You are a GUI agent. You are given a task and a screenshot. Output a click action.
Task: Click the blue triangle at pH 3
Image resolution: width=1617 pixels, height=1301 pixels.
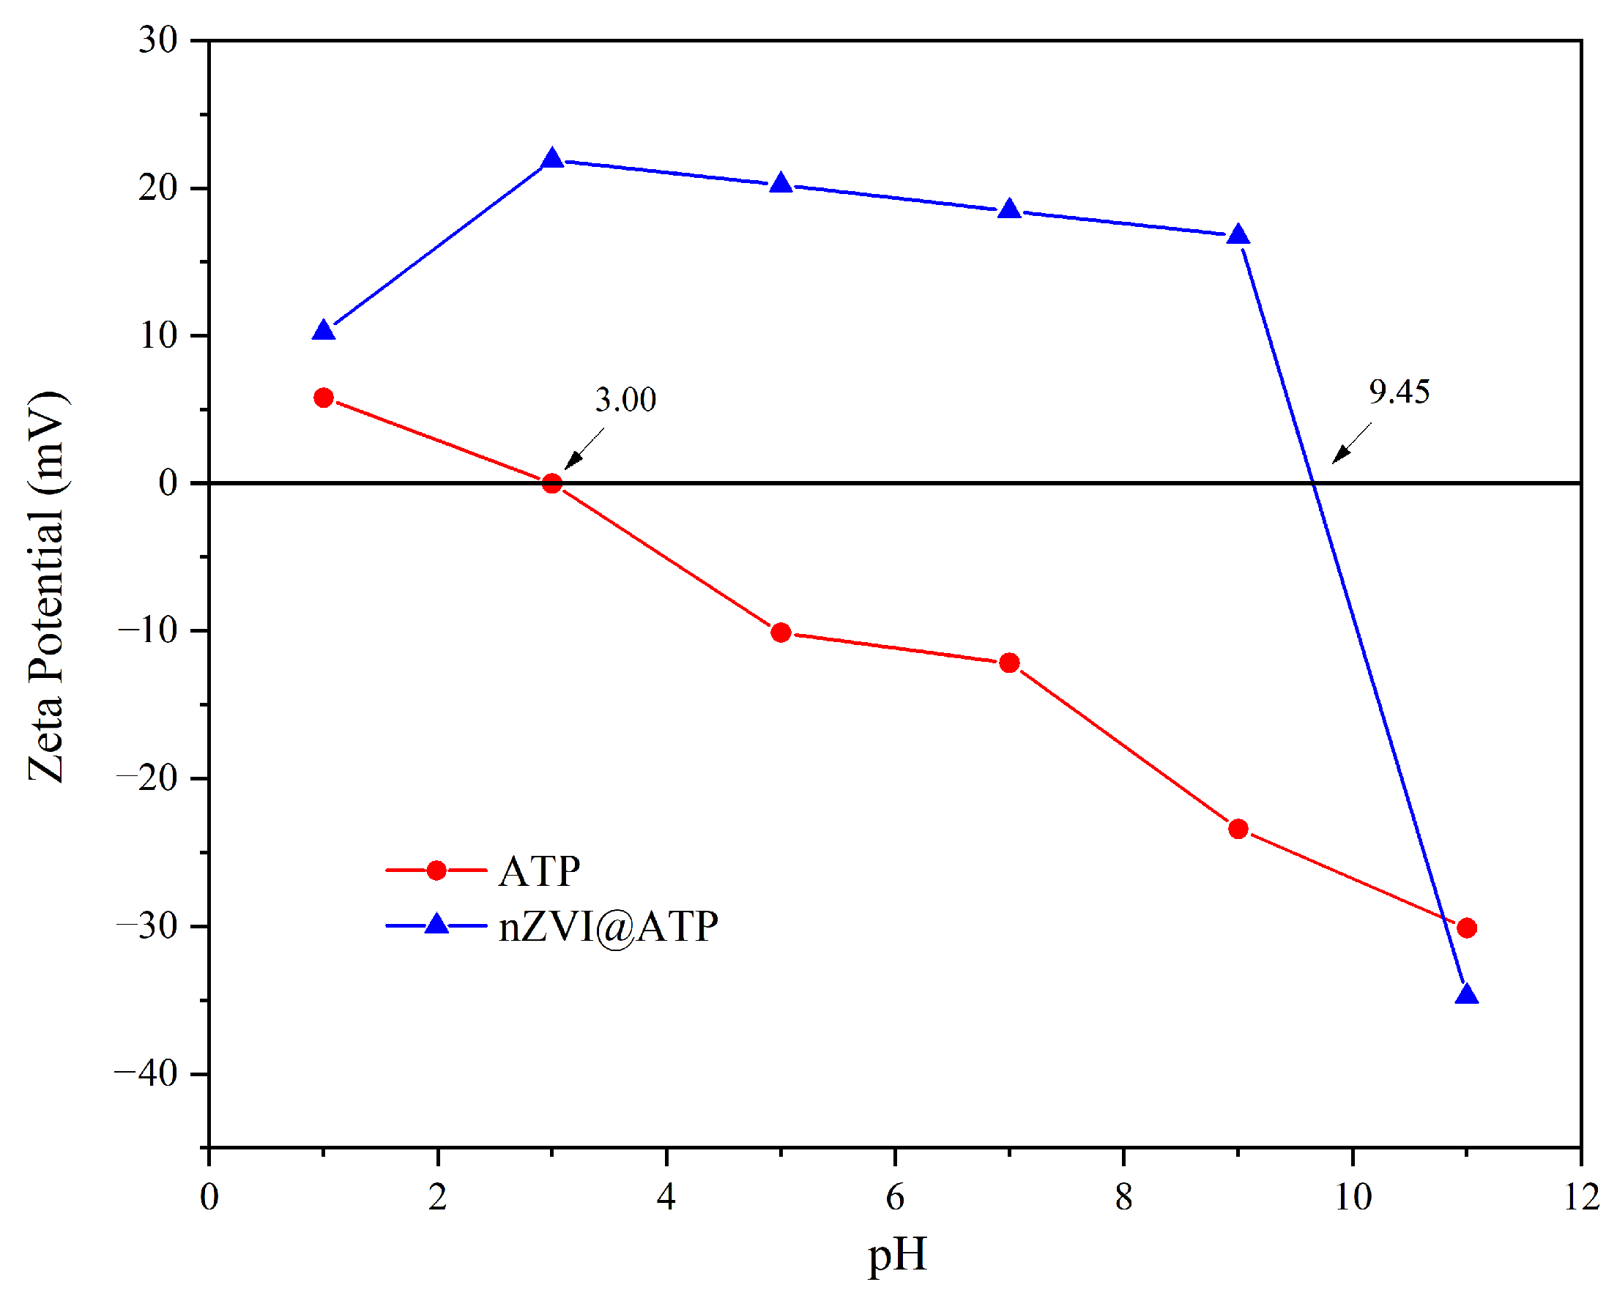coord(553,160)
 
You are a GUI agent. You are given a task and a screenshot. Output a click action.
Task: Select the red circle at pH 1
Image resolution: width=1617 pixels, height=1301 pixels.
coord(323,398)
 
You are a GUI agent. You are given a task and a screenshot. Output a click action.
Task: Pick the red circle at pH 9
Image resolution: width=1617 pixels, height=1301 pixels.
coord(1238,830)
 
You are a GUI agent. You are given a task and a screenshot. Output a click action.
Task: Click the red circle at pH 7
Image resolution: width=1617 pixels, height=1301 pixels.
coord(1009,663)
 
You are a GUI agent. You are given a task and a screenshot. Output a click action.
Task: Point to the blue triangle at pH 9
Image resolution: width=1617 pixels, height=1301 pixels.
coord(1238,236)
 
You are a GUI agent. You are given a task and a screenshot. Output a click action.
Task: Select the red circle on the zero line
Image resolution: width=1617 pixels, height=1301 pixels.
coord(552,484)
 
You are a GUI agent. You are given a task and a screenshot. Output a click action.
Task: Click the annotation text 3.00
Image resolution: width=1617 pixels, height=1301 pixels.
coord(625,400)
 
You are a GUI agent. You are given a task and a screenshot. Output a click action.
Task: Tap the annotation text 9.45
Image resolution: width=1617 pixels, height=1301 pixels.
coord(1399,392)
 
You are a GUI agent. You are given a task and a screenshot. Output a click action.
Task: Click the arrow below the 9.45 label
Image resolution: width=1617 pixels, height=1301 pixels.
coord(1351,444)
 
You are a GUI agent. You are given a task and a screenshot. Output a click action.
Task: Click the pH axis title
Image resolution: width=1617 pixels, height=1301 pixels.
coord(898,1256)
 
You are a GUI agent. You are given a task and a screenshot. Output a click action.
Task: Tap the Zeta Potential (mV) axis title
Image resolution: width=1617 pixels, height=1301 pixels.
coord(46,587)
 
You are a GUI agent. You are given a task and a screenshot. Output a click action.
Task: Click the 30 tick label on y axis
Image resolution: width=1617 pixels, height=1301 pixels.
coord(158,40)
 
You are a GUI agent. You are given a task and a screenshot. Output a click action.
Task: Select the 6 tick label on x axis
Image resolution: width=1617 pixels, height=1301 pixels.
coord(895,1197)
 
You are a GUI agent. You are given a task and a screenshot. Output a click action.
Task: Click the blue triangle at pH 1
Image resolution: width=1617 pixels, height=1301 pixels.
coord(323,331)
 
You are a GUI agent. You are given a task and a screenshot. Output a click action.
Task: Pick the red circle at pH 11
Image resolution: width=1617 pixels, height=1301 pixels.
coord(1467,928)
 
